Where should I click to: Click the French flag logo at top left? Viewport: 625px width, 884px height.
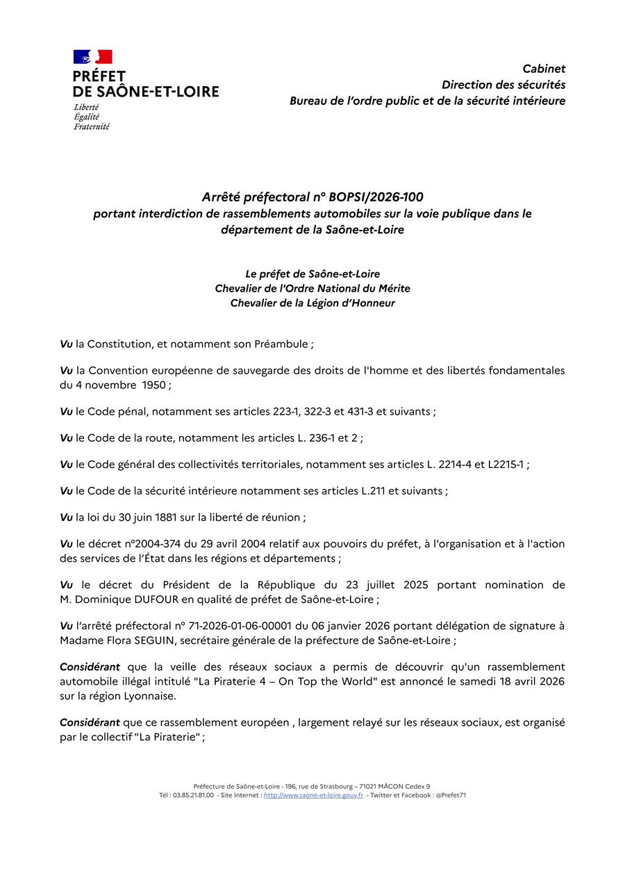[92, 57]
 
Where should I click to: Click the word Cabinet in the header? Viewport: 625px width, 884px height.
[544, 69]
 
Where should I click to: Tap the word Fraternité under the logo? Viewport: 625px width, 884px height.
[92, 126]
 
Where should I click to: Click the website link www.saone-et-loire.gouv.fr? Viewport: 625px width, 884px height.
[313, 795]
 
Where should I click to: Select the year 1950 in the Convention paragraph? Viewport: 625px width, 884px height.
[154, 384]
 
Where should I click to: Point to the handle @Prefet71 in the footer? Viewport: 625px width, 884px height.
[451, 795]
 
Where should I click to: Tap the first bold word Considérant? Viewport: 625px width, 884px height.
[90, 667]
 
